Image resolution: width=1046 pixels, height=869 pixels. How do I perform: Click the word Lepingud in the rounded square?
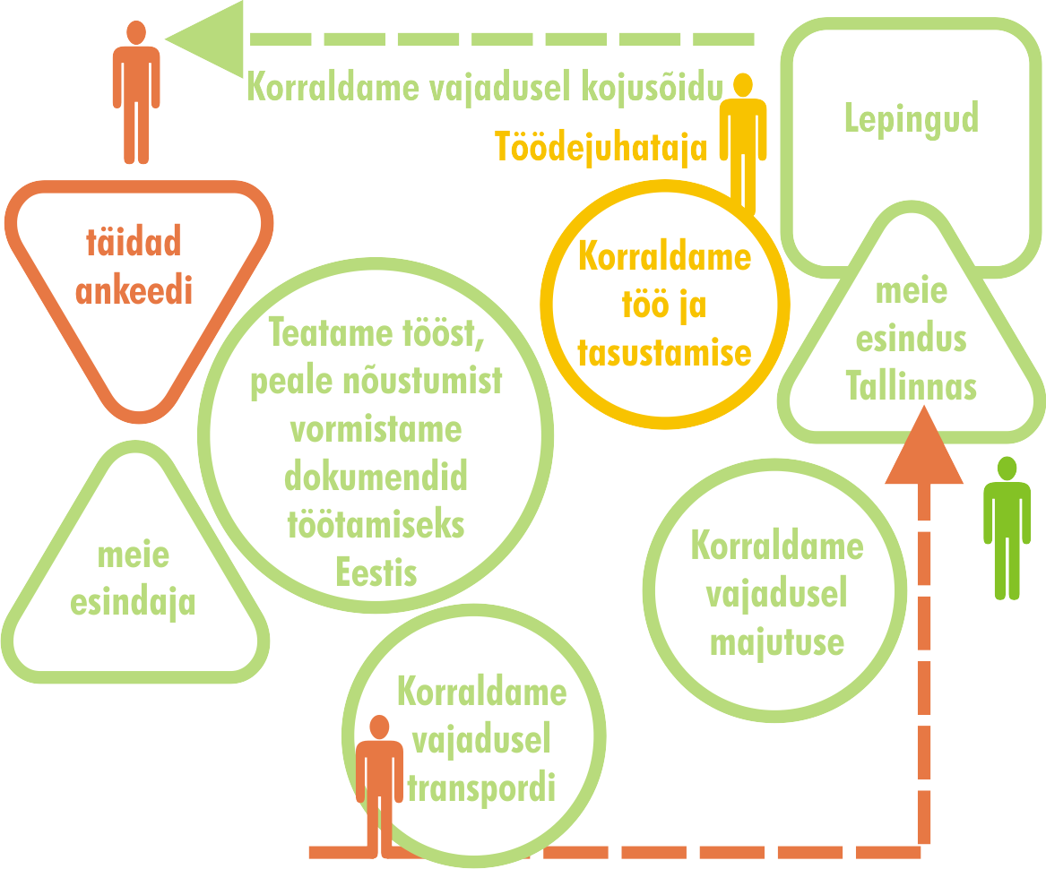coord(911,119)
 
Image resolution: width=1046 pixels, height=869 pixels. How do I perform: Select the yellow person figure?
coord(743,143)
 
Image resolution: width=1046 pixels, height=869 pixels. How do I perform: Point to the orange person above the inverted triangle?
coord(135,91)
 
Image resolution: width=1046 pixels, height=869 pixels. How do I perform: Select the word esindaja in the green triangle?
coord(133,602)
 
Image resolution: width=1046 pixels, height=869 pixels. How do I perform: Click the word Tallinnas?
coord(911,386)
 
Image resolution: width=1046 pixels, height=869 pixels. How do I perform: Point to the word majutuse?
coord(776,642)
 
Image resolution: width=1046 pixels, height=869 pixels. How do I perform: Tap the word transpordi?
coord(481,789)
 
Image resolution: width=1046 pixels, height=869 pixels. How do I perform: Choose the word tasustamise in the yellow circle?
coord(664,352)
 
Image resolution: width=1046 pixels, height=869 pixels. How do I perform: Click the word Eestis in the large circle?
coord(376,572)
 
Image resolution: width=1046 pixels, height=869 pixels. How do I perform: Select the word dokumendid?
coord(376,478)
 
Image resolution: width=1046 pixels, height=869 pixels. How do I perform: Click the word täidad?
coord(134,242)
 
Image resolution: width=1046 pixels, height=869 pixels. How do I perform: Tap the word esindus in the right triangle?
coord(911,340)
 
